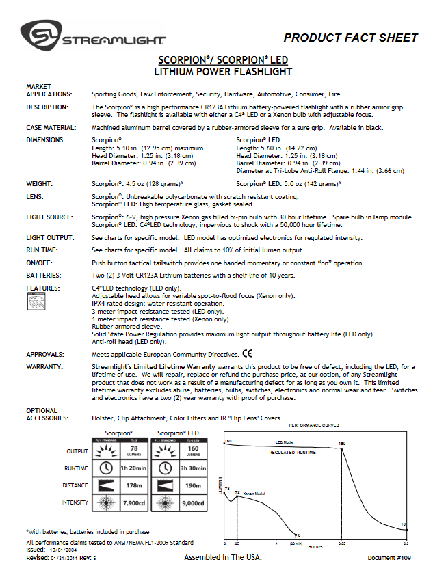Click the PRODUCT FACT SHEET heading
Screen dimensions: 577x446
(350, 38)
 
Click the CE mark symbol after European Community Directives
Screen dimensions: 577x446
(247, 355)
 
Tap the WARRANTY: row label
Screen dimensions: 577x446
(44, 366)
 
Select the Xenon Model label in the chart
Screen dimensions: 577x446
(254, 494)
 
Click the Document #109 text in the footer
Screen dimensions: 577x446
(391, 558)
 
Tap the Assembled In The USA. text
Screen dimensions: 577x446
(223, 558)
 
